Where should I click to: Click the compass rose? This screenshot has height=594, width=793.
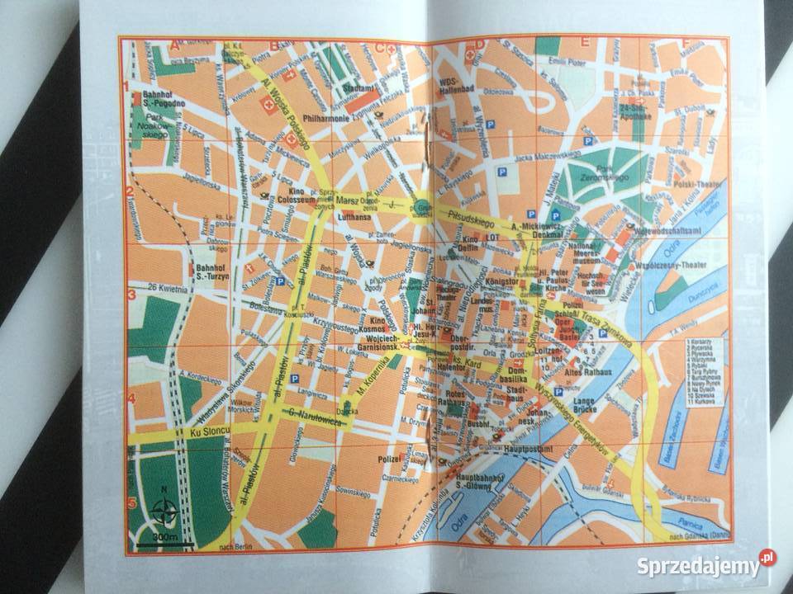point(163,513)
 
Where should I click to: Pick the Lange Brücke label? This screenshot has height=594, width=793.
point(586,407)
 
